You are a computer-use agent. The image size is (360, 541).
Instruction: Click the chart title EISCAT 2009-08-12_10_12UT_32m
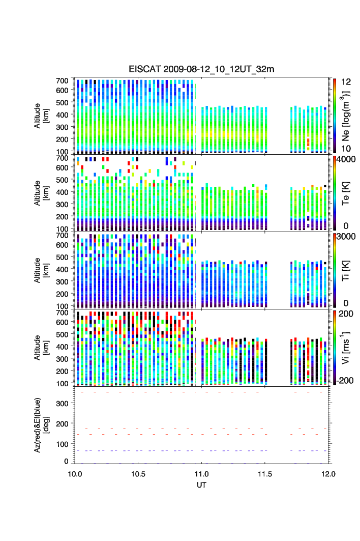coord(202,69)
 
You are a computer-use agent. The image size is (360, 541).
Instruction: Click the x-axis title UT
coord(202,485)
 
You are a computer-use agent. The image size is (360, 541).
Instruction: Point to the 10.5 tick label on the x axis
coord(138,473)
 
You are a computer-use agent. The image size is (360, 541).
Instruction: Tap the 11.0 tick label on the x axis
coord(202,473)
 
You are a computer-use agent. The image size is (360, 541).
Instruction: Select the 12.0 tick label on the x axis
coord(328,473)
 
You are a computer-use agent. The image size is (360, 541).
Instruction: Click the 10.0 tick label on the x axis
coord(75,473)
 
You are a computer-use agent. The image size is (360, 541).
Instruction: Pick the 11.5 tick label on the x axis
coord(265,473)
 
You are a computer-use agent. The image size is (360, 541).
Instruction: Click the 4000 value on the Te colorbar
coord(345,159)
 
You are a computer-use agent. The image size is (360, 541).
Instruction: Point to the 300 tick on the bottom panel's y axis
coord(62,403)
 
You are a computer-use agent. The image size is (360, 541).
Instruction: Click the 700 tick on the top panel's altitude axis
coord(62,80)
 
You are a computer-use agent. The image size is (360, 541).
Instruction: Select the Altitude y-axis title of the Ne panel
coord(42,116)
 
